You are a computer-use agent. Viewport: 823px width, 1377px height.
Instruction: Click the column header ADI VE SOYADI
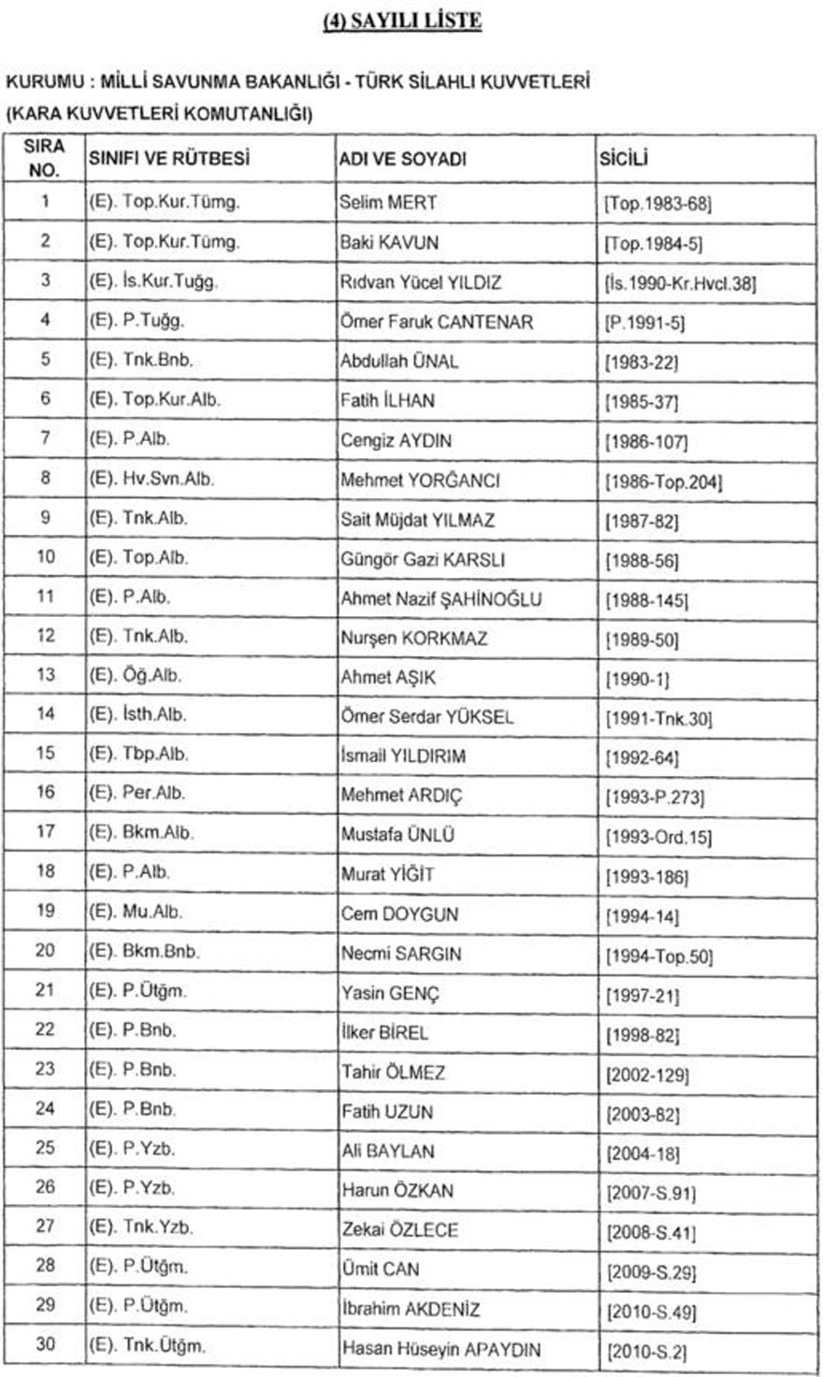403,160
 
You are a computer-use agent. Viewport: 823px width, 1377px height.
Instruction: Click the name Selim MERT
388,202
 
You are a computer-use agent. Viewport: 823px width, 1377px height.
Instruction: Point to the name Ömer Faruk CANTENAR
437,322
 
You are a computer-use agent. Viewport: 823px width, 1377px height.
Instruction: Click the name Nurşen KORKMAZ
414,638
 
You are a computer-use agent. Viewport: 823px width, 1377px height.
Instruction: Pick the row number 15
46,753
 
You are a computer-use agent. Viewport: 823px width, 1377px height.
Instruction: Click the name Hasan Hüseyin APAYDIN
440,1349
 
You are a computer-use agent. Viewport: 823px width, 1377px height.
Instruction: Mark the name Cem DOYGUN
399,913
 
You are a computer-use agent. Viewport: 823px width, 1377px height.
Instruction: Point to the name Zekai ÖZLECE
399,1229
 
